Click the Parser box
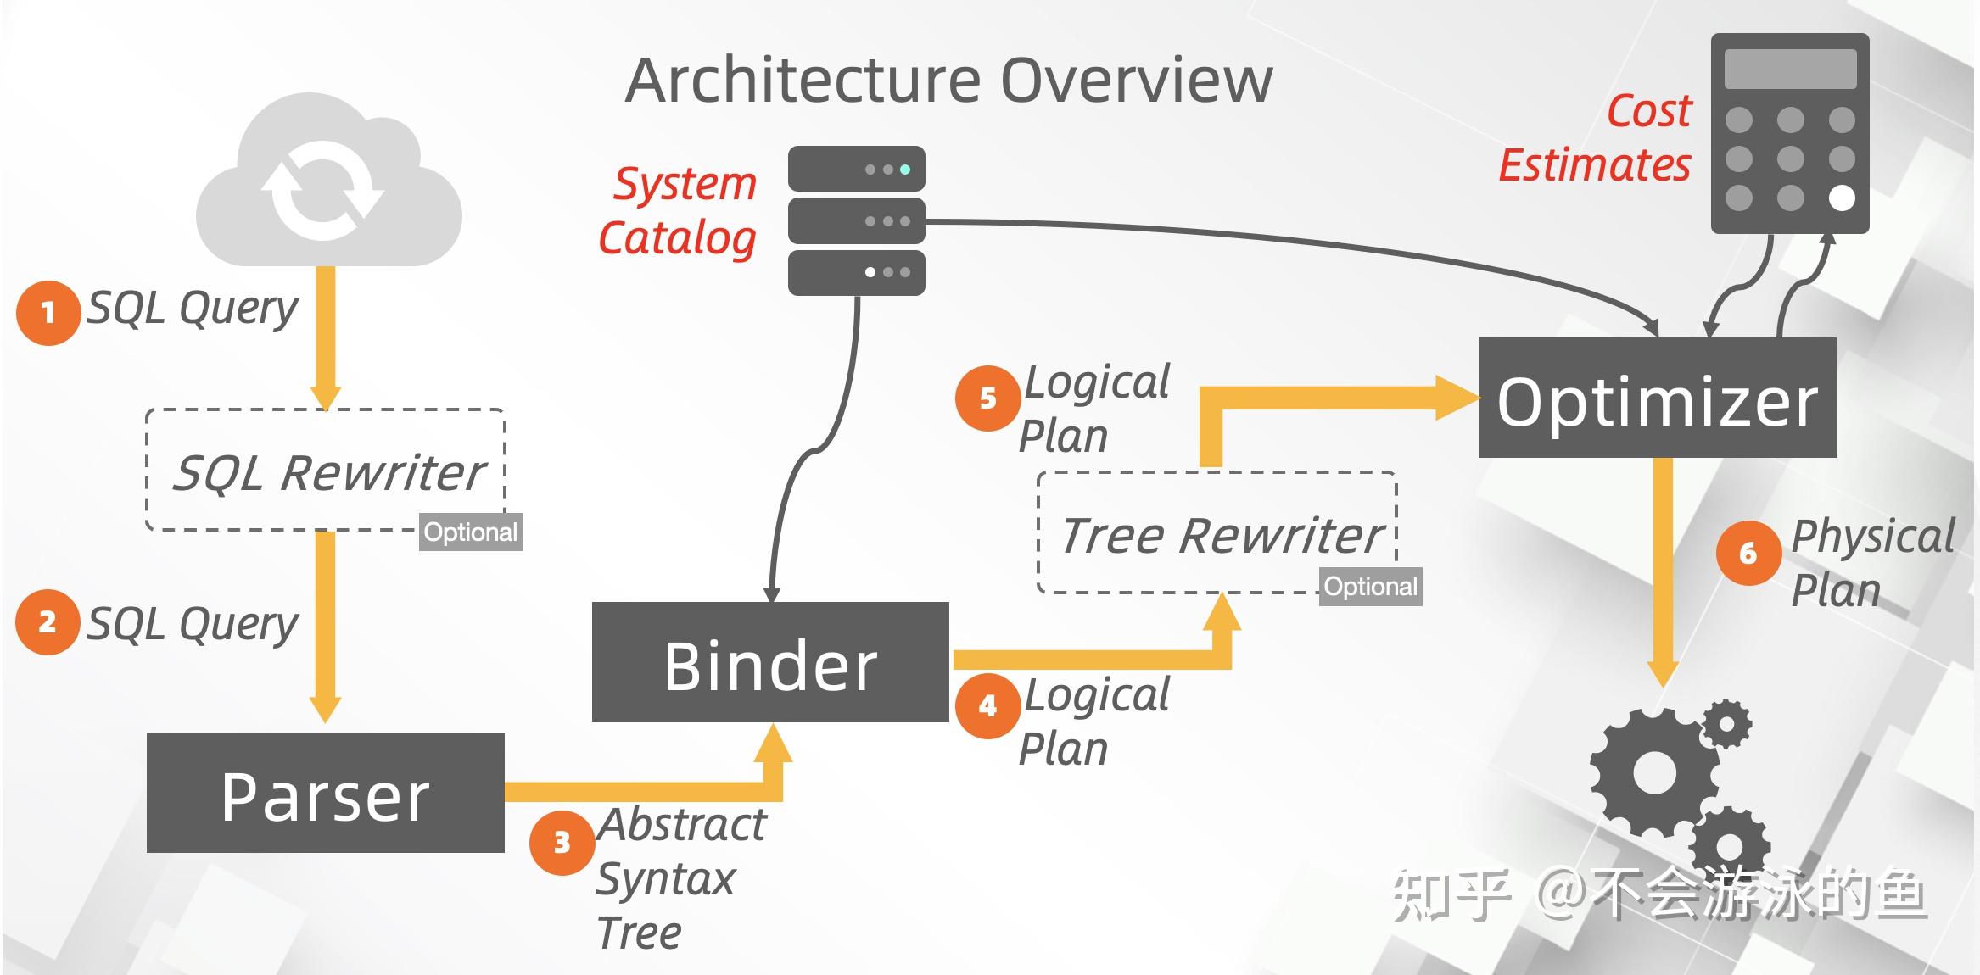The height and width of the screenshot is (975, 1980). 325,793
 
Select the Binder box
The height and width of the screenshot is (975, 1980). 769,662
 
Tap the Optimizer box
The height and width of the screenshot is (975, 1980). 1657,398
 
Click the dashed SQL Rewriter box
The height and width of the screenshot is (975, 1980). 326,471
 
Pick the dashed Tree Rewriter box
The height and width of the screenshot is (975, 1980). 1216,532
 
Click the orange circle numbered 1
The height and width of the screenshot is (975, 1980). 48,313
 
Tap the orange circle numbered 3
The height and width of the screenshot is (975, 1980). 562,843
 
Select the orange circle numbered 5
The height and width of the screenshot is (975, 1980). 987,398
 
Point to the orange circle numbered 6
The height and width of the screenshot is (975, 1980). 1748,554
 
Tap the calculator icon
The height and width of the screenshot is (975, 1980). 1789,133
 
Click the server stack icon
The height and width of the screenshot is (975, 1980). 856,220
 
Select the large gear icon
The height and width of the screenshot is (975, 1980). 1654,773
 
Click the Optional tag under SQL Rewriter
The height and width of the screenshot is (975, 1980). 470,532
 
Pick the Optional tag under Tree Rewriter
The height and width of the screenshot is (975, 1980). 1369,587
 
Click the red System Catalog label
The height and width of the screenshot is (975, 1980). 679,210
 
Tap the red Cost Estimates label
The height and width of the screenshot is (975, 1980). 1597,138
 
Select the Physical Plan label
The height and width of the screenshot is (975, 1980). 1871,562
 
